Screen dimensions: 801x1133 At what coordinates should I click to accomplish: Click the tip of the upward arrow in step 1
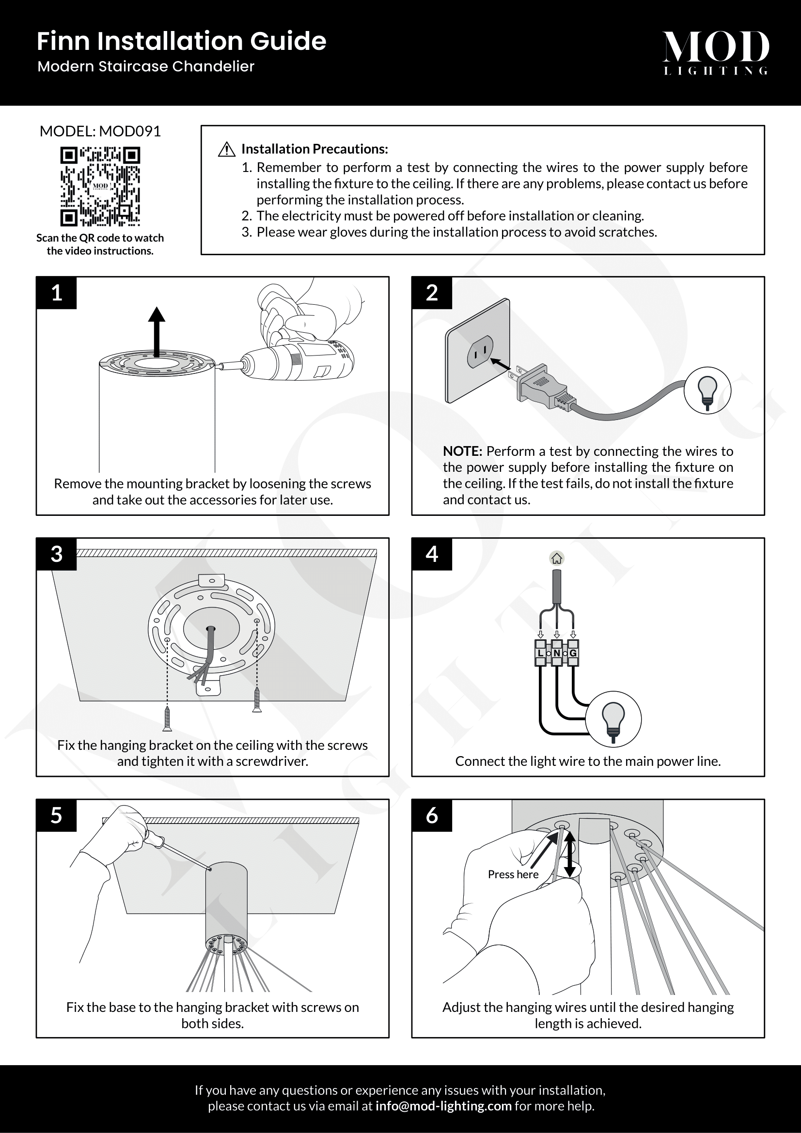(157, 307)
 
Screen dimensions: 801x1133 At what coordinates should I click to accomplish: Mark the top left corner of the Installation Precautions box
(201, 125)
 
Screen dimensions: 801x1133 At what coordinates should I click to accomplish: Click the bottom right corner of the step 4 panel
(765, 776)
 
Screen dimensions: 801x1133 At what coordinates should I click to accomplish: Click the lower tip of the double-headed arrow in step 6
(570, 877)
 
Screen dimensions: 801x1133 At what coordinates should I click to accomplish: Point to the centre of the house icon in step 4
(557, 559)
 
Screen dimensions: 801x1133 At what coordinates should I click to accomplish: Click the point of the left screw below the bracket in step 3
(167, 731)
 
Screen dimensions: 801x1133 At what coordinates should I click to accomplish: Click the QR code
(100, 186)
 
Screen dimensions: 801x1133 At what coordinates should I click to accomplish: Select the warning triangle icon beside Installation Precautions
(226, 149)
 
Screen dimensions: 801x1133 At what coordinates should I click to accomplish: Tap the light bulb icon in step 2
(707, 391)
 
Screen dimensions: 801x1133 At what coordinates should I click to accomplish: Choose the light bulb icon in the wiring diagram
(613, 719)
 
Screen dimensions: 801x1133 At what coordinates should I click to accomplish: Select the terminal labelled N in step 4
(557, 653)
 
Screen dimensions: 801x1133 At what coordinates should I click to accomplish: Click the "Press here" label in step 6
(513, 874)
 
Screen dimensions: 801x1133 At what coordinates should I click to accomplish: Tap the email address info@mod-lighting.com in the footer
(444, 1106)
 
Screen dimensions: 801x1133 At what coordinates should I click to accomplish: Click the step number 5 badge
(56, 815)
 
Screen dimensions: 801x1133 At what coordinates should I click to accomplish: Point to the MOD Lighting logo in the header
(716, 53)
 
